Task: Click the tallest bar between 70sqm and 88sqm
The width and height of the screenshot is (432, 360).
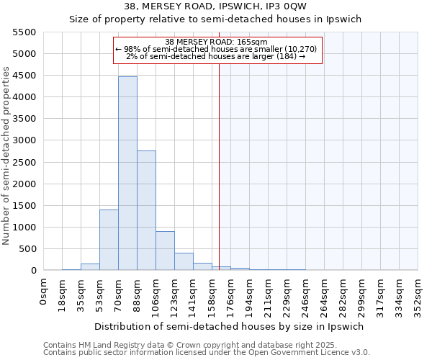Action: point(127,173)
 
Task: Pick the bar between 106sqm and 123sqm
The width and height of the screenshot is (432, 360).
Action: point(165,251)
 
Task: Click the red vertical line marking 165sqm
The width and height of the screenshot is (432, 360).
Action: point(220,166)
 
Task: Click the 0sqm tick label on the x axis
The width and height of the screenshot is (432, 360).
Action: point(45,288)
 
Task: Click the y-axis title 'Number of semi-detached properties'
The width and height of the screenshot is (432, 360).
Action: point(7,156)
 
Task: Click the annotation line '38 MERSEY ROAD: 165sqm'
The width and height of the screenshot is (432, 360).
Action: point(216,42)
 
